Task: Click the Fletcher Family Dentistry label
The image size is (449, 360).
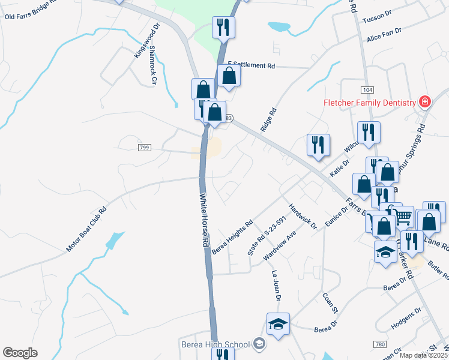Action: [370, 102]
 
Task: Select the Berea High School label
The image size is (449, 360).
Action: [215, 344]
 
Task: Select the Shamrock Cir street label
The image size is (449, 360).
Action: [152, 65]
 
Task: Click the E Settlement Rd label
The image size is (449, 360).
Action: [252, 65]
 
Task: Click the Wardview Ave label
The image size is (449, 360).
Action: [280, 245]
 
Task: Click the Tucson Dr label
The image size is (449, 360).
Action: [377, 18]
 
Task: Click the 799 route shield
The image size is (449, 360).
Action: [143, 148]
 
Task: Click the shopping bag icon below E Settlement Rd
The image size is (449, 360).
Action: [229, 76]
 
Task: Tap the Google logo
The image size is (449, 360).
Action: [20, 353]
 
